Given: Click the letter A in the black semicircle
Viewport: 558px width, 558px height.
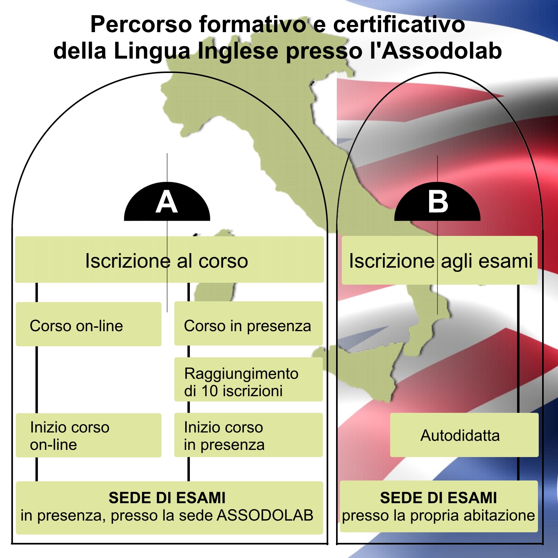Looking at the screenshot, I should pyautogui.click(x=167, y=203).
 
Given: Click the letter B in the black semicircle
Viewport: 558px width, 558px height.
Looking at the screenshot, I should pyautogui.click(x=438, y=202).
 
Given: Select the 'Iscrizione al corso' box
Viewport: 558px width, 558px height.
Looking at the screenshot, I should pyautogui.click(x=169, y=260).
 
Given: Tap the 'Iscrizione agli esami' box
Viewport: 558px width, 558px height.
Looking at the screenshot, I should pyautogui.click(x=439, y=260).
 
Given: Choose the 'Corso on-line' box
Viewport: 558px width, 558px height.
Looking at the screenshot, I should pyautogui.click(x=88, y=324).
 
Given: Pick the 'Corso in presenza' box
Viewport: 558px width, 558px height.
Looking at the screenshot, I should pyautogui.click(x=248, y=324).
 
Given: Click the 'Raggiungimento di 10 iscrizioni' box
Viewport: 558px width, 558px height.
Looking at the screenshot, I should pyautogui.click(x=248, y=380).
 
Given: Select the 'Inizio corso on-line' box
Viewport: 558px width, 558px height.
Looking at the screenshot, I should pyautogui.click(x=88, y=435).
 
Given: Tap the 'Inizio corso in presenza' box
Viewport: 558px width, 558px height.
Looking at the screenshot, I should pyautogui.click(x=248, y=435).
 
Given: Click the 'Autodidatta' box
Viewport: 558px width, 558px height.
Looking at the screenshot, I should pyautogui.click(x=463, y=435).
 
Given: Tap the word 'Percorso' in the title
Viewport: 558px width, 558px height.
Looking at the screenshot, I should pyautogui.click(x=141, y=25).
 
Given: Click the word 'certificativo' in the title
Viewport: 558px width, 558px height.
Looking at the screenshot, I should pyautogui.click(x=398, y=25).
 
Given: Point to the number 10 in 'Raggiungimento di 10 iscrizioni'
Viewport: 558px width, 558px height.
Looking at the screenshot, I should pyautogui.click(x=209, y=391).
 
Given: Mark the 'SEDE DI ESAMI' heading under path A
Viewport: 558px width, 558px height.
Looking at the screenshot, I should pyautogui.click(x=167, y=498).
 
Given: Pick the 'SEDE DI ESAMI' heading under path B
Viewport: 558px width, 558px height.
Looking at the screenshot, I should pyautogui.click(x=438, y=498).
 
